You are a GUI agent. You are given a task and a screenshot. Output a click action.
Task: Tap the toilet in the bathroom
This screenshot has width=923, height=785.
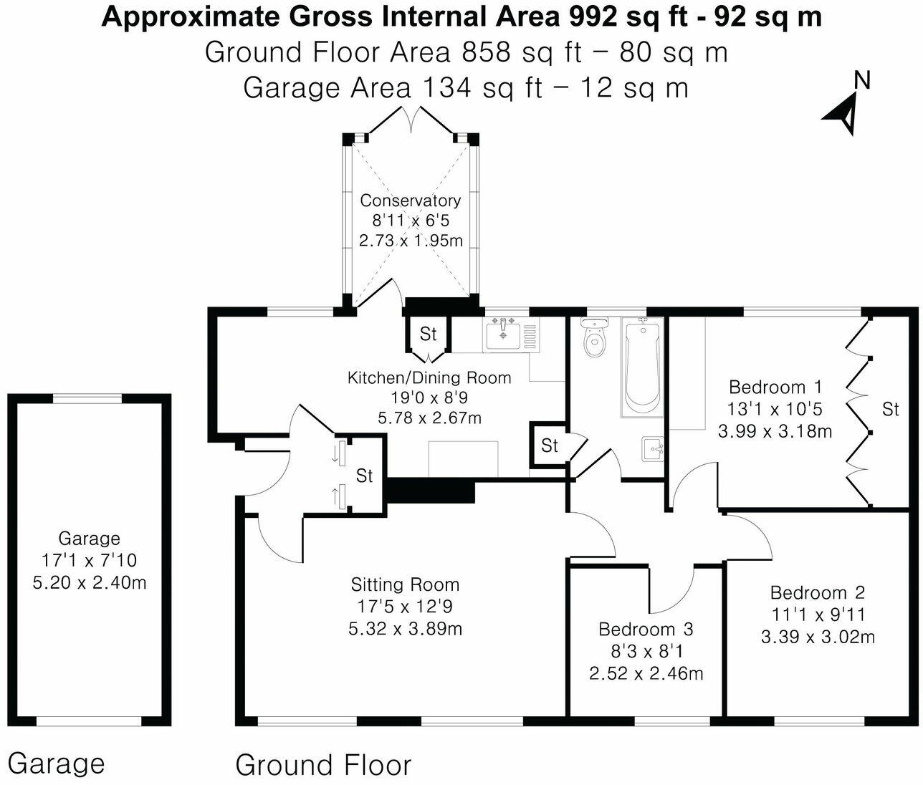pos(595,339)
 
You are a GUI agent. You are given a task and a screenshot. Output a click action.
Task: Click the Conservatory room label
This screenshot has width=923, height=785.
pos(410,201)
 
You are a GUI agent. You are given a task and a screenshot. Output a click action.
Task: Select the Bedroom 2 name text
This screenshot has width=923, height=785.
pos(817,593)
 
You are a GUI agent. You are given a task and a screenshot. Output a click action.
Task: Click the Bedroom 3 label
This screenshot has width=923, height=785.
pos(646,630)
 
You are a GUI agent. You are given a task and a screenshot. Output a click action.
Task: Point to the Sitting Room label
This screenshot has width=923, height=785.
pos(405,585)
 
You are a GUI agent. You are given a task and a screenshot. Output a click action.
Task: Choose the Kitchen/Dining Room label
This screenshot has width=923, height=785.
pos(429,377)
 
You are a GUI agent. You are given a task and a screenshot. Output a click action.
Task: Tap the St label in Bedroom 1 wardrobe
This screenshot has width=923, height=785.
pos(890,409)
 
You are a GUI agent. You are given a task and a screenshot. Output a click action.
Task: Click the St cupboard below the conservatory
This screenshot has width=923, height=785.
pos(428,334)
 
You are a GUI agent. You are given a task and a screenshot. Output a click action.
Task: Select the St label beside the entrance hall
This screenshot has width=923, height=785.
pos(365,476)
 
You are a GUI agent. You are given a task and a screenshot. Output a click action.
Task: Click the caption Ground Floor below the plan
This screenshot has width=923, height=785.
pos(323,765)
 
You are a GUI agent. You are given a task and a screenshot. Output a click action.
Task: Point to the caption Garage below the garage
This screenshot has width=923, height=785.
pos(56,764)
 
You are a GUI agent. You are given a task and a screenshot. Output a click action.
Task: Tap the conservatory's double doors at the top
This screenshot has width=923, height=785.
pos(412,119)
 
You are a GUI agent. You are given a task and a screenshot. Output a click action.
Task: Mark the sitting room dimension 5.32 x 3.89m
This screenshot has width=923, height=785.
pos(405,629)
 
